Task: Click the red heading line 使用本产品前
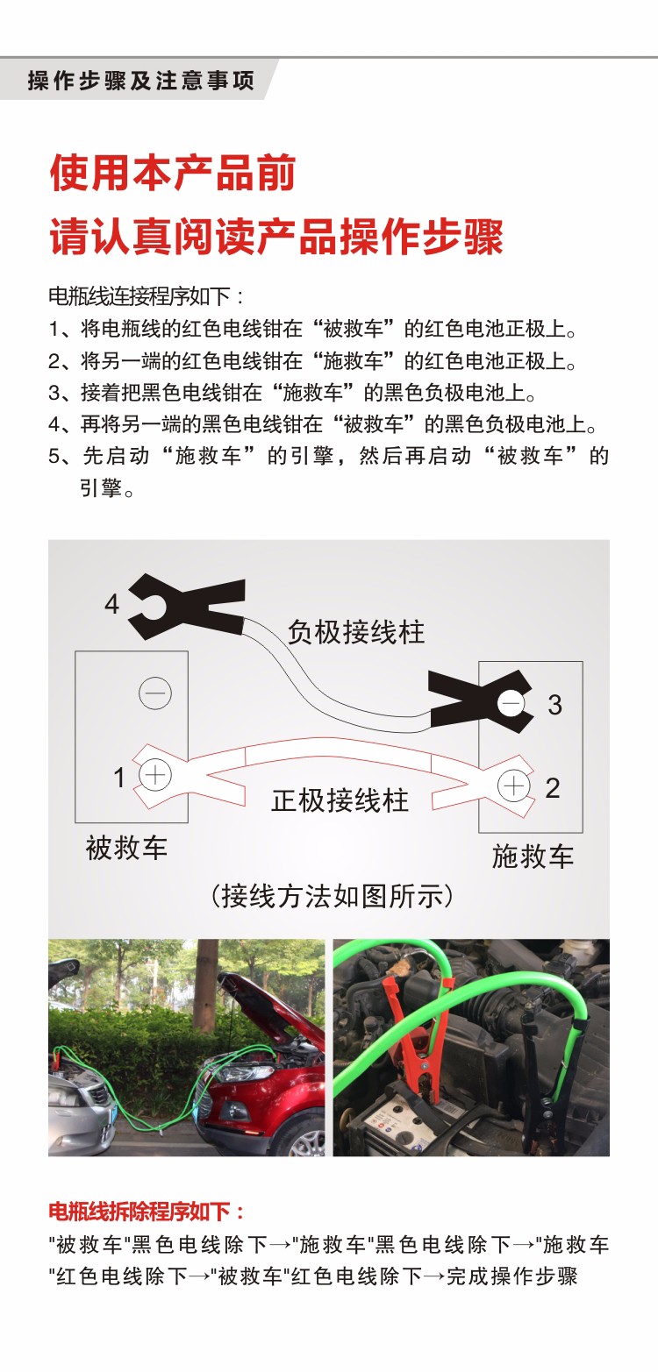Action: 173,173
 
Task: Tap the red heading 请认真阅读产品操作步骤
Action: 276,238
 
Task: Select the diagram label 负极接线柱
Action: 356,632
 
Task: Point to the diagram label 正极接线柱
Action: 340,800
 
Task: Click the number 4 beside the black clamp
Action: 111,604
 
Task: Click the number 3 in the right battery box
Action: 554,705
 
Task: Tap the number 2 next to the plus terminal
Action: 552,787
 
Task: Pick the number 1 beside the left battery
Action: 119,777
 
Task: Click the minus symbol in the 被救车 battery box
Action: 155,693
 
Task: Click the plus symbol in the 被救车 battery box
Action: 155,775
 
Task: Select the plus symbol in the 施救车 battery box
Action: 512,786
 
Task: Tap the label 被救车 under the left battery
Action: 126,849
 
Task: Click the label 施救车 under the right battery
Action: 533,857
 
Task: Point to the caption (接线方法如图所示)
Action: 333,896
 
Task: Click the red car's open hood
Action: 263,991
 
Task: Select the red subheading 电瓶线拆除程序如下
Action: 147,1212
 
